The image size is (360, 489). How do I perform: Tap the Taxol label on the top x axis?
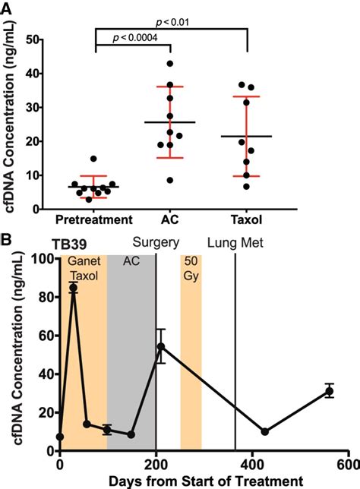click(247, 220)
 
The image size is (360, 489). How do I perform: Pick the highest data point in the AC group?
click(170, 63)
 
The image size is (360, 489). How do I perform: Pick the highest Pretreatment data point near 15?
click(93, 159)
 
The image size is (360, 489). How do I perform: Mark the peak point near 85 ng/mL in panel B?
click(74, 288)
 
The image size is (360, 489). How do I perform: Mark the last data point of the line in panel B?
click(329, 391)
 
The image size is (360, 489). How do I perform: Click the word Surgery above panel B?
click(155, 244)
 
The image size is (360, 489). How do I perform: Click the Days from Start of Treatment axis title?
click(204, 481)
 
